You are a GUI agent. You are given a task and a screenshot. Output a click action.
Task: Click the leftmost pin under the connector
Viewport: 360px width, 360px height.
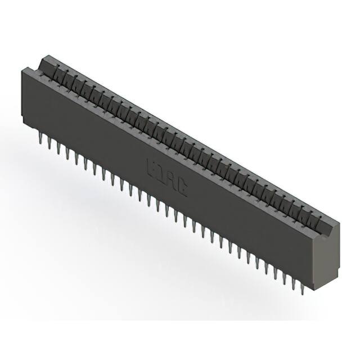click(x=40, y=137)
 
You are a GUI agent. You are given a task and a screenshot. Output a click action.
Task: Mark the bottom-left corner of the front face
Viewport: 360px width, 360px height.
click(x=24, y=120)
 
